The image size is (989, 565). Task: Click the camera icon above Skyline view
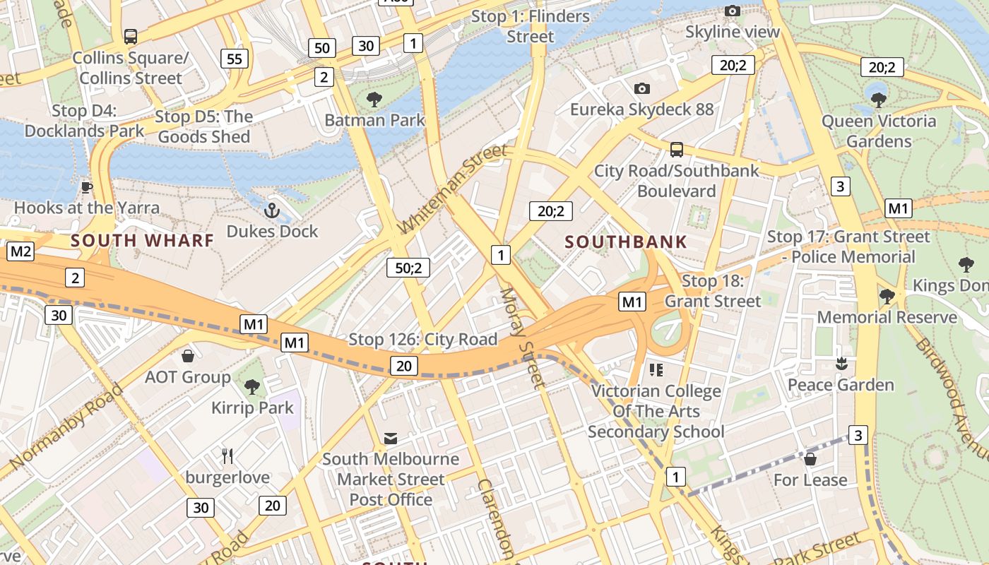(x=733, y=11)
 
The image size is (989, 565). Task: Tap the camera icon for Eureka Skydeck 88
(x=641, y=88)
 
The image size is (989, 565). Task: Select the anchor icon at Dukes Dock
(x=272, y=210)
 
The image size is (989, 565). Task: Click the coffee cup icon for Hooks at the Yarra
(x=86, y=187)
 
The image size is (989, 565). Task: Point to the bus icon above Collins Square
(x=130, y=37)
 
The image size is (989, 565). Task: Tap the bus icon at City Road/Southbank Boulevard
(x=676, y=150)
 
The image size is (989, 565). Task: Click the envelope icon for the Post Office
(x=390, y=439)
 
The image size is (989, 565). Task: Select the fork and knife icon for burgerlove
(x=227, y=456)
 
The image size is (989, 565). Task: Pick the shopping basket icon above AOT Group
(x=188, y=356)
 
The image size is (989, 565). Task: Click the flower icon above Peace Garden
(x=841, y=364)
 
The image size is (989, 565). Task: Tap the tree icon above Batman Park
(x=374, y=100)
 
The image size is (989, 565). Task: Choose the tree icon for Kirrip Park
(x=251, y=387)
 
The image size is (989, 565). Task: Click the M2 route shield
(x=20, y=251)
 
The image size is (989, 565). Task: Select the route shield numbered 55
(x=235, y=59)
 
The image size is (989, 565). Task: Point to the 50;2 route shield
(x=408, y=268)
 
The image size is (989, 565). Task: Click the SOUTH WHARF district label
(x=142, y=240)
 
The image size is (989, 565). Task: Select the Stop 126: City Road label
(x=422, y=340)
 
